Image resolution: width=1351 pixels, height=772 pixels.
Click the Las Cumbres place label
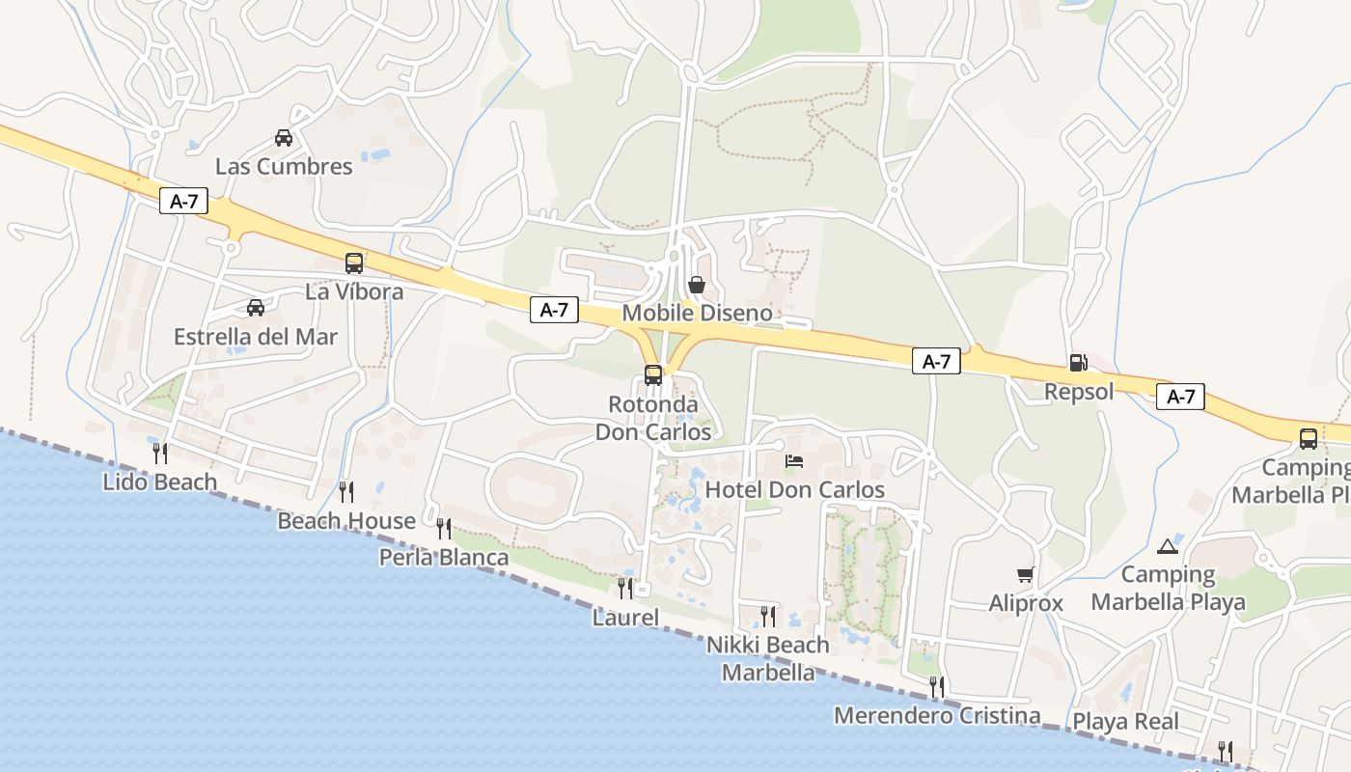[284, 166]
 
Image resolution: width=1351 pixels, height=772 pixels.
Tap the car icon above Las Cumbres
[284, 138]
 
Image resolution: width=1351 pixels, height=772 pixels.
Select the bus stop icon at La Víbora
[354, 262]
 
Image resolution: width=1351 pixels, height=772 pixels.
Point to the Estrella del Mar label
[256, 337]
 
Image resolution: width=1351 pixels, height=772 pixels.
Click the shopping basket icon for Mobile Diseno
[697, 285]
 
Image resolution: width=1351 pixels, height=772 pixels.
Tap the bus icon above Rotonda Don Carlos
[653, 375]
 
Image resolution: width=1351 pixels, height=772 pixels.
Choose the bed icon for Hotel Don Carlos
[794, 461]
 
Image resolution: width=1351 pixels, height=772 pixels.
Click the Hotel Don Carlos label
[794, 489]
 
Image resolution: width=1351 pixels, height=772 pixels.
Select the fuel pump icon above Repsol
[1079, 363]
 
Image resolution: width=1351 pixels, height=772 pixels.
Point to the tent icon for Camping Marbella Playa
[1168, 546]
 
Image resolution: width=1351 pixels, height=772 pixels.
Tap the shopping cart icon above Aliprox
[1025, 575]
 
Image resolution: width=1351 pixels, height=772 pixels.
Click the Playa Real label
[1125, 721]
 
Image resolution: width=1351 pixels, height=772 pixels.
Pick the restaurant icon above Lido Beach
[160, 453]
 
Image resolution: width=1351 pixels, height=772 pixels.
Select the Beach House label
[346, 521]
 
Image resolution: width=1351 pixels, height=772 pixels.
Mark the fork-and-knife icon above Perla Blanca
[444, 528]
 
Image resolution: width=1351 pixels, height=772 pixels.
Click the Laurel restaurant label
[625, 618]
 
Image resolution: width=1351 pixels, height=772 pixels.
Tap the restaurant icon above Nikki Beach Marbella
[768, 616]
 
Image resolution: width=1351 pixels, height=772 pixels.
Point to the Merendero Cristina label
[937, 716]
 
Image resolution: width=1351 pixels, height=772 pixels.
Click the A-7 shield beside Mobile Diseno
[554, 310]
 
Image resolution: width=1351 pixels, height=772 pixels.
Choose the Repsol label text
[1079, 391]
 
